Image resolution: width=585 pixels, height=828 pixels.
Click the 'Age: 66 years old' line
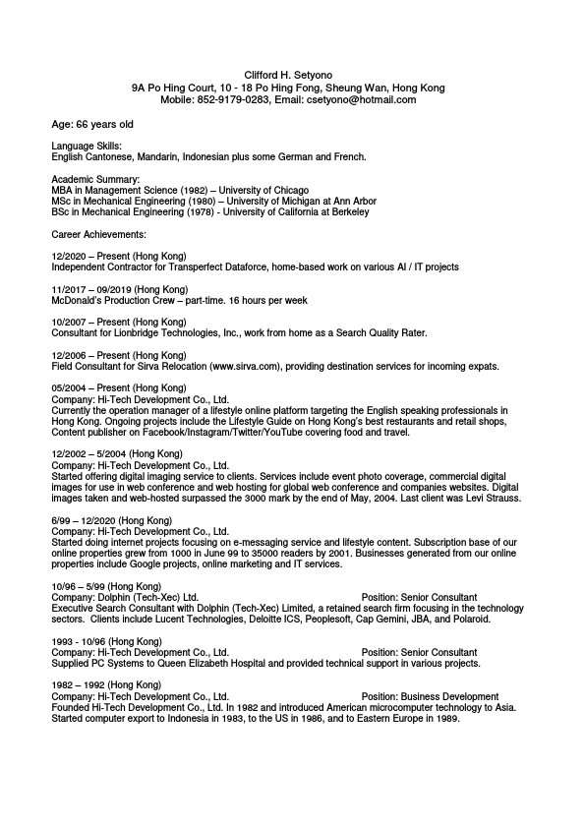click(x=92, y=125)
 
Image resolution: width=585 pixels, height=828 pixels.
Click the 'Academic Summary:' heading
click(x=95, y=179)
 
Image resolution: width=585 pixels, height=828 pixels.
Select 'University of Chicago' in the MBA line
click(x=263, y=190)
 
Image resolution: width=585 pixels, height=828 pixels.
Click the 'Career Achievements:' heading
click(x=98, y=234)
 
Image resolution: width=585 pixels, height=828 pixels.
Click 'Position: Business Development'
click(x=430, y=697)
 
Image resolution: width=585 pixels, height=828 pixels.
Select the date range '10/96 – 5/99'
click(x=78, y=586)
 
